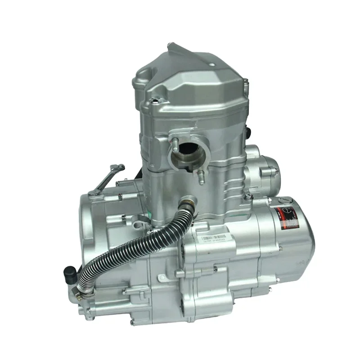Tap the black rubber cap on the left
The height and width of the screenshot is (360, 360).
tap(70, 273)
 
